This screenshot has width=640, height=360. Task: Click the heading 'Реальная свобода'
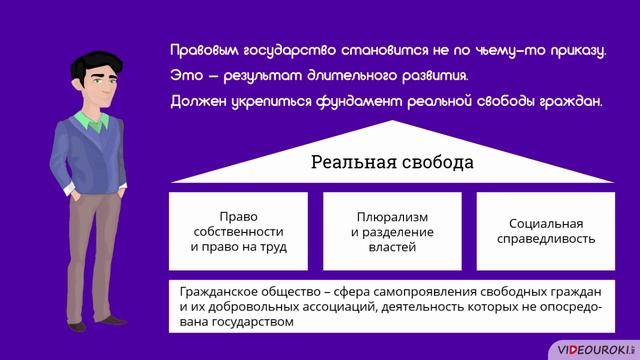[391, 162]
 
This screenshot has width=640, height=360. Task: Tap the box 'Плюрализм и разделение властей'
[392, 231]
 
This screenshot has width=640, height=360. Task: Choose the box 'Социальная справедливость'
[545, 231]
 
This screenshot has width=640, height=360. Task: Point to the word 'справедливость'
[545, 239]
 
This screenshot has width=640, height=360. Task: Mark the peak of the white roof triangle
[391, 123]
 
